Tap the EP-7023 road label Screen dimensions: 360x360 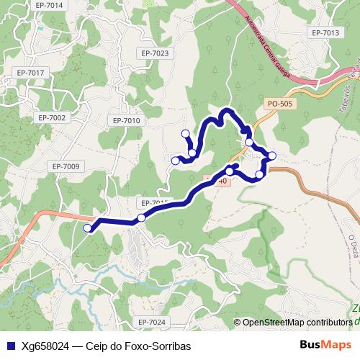coord(155,53)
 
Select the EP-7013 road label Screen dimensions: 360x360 coord(325,33)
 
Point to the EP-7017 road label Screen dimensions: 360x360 coord(30,73)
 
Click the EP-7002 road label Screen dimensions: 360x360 coord(52,117)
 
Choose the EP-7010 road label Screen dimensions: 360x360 coord(127,120)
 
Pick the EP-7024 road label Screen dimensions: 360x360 coord(151,322)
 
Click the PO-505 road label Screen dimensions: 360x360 coord(279,104)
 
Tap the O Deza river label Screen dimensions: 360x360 coord(352,249)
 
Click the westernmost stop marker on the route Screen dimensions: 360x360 coord(89,228)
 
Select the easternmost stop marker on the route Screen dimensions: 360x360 coord(272,156)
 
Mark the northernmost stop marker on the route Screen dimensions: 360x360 coord(186,133)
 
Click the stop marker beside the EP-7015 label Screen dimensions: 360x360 coord(142,217)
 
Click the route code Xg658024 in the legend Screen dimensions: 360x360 coord(45,346)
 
